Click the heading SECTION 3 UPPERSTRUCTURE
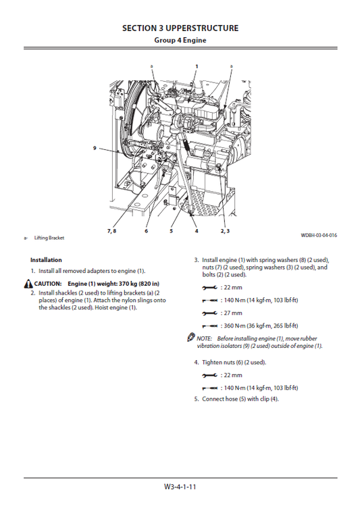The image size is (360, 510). point(180,28)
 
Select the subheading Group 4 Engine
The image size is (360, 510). point(180,40)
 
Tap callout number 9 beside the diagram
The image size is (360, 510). point(95,147)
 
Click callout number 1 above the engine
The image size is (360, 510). point(197,66)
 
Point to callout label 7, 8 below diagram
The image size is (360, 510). point(111,231)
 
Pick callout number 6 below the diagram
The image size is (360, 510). point(146,231)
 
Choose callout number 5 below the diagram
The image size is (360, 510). point(171,231)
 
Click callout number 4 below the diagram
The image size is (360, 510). point(197,231)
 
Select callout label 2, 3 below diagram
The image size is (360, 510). point(226,231)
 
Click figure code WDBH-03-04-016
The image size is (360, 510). point(319,235)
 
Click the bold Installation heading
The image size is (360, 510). point(46,260)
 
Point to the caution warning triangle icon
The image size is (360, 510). point(30,283)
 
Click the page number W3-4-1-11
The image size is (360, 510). point(180,486)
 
